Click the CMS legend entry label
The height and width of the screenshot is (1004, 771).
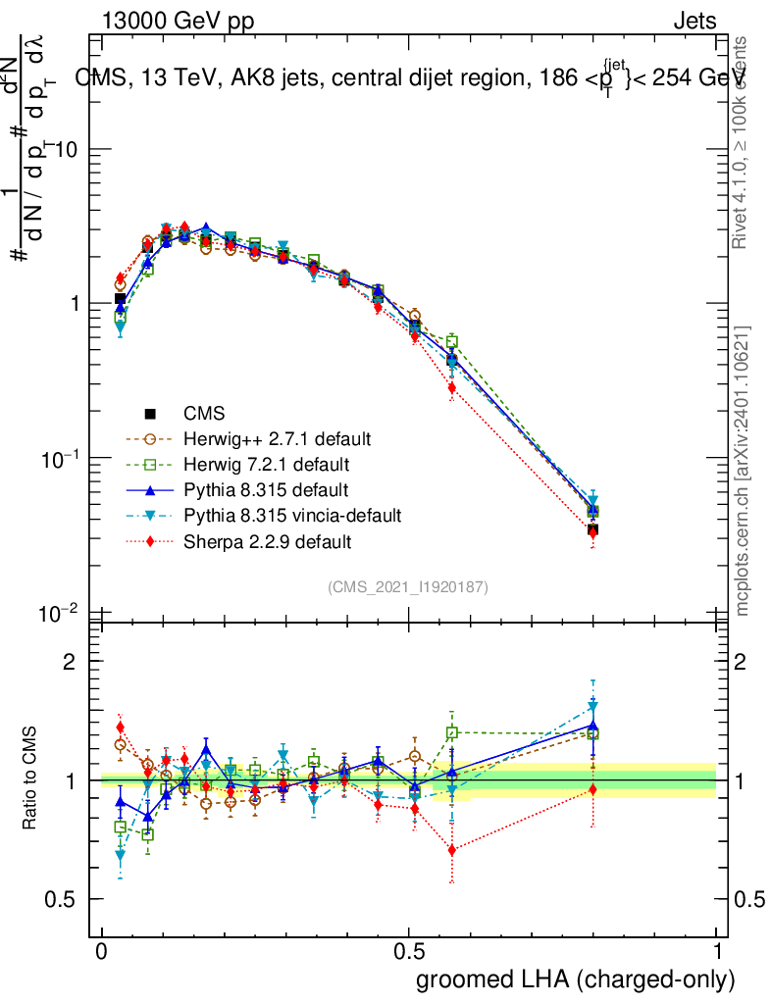click(203, 414)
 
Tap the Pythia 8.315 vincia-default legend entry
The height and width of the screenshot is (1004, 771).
click(291, 515)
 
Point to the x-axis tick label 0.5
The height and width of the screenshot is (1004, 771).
click(409, 953)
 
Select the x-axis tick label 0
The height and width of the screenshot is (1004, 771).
click(102, 953)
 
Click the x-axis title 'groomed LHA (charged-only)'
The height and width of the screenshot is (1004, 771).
click(576, 979)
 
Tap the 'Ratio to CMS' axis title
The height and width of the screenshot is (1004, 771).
click(31, 779)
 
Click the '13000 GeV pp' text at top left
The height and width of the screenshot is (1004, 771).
click(177, 22)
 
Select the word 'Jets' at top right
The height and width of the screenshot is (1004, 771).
click(694, 22)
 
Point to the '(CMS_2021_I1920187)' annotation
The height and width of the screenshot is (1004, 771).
click(408, 586)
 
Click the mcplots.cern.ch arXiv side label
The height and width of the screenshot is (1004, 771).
click(743, 471)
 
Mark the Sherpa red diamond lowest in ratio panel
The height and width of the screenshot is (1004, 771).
click(451, 849)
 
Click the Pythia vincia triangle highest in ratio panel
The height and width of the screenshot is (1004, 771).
click(592, 706)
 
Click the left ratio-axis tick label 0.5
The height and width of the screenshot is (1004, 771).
click(63, 899)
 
